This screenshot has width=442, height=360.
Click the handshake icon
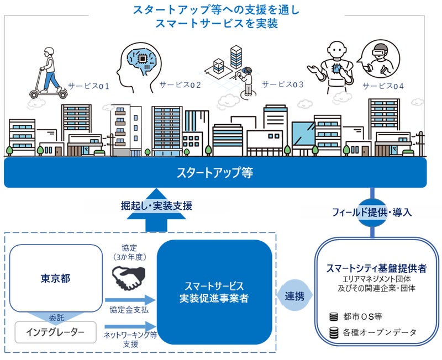128,278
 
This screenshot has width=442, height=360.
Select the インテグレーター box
55,332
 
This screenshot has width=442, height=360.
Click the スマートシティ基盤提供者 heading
376,268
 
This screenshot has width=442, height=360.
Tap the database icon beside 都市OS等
333,317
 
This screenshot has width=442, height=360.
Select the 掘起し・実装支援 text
156,206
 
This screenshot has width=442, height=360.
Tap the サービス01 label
89,86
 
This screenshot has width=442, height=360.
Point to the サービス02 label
180,85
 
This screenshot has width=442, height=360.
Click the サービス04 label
383,86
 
